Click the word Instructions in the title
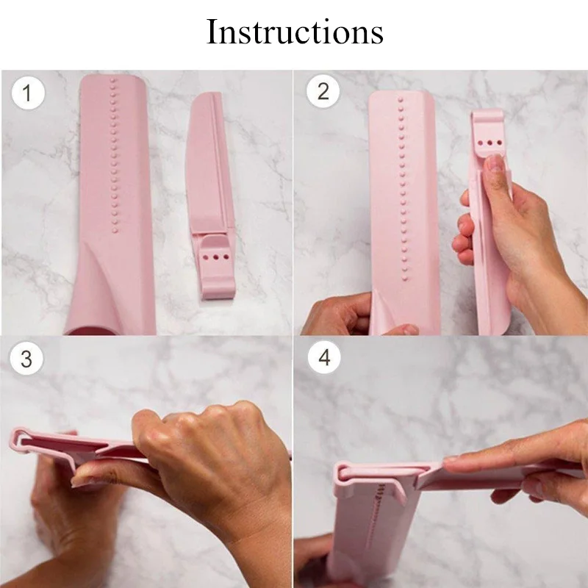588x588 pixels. [295, 33]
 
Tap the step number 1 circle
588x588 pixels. [28, 93]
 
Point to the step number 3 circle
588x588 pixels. [26, 359]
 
